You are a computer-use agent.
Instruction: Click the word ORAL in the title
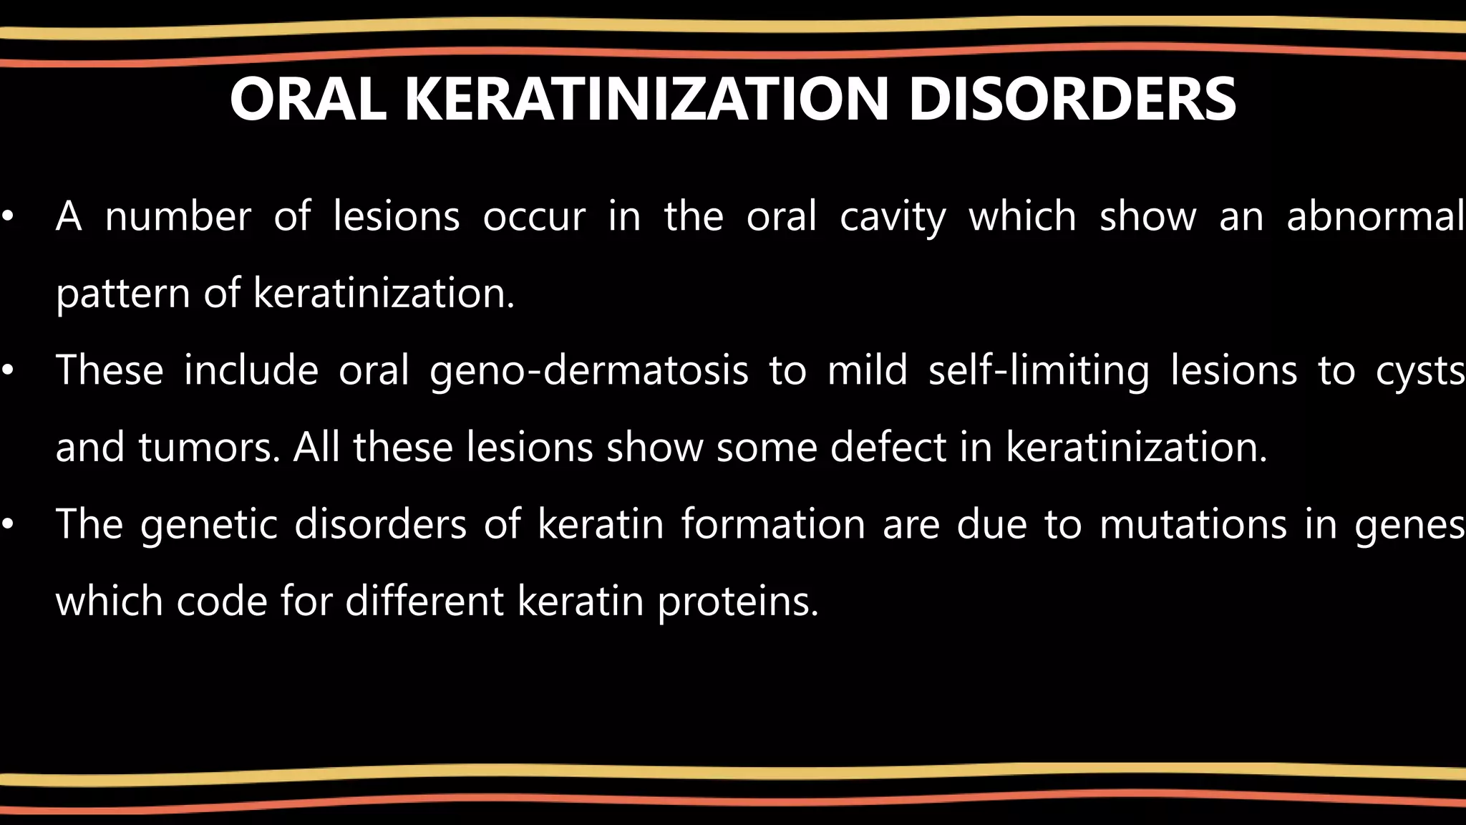coord(308,100)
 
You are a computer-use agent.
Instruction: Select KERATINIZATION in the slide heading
coord(647,100)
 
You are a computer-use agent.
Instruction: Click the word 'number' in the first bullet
coord(178,216)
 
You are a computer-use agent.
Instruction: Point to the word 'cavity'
coord(893,218)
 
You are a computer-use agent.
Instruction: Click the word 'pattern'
coord(122,294)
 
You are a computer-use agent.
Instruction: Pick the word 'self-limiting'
coord(1039,371)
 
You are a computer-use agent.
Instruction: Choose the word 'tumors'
coord(208,448)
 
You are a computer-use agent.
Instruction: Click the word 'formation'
coord(773,524)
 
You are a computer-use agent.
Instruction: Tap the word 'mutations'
coord(1193,524)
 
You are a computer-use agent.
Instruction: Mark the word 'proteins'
coord(737,602)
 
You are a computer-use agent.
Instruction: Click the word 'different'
coord(424,601)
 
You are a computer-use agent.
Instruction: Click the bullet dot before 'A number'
coord(8,217)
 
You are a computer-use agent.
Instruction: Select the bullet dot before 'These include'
coord(8,371)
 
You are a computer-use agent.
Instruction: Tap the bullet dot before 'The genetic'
coord(8,525)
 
